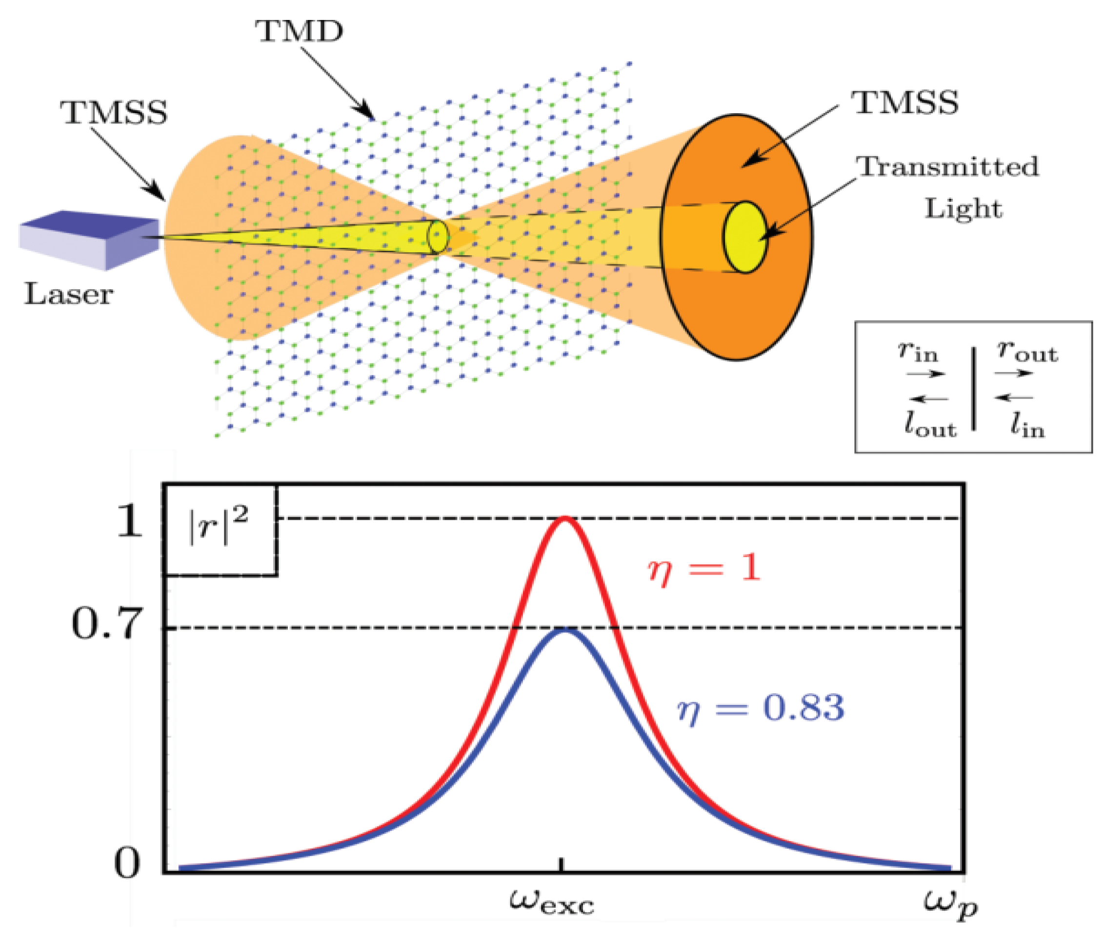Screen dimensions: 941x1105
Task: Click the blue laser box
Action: click(x=88, y=240)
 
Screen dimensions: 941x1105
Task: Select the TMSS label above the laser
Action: click(x=114, y=113)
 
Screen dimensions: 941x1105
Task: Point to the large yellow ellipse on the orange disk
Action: click(x=745, y=237)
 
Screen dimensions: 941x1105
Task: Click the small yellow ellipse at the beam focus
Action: click(x=438, y=237)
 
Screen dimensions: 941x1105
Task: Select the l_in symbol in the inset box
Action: click(x=1027, y=425)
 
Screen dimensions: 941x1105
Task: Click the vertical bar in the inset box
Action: click(x=974, y=388)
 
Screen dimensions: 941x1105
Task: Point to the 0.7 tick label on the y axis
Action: click(x=107, y=624)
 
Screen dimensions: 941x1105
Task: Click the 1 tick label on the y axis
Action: click(x=130, y=521)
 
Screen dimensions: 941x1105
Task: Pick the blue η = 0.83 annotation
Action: click(x=761, y=708)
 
